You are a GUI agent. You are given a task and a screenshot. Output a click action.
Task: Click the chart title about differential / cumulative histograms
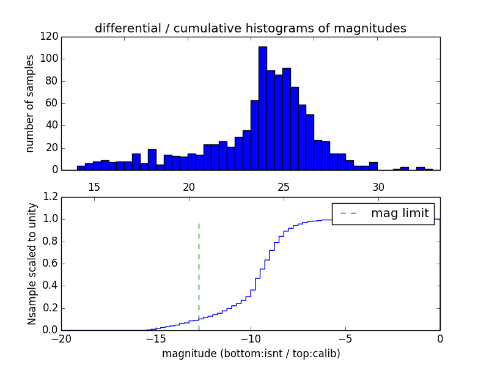pos(250,29)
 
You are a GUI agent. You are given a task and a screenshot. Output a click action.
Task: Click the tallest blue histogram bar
pos(262,108)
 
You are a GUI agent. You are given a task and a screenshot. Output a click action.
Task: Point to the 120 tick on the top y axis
pos(50,37)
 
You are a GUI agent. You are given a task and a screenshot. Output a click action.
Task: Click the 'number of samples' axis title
pos(30,103)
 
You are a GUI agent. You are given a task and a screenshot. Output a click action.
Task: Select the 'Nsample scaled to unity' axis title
pos(32,264)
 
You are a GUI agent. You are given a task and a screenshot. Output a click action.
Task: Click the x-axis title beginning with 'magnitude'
pos(251,354)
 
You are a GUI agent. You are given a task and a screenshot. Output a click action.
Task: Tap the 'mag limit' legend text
pos(400,213)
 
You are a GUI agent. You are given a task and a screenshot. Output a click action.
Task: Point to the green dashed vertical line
pos(199,275)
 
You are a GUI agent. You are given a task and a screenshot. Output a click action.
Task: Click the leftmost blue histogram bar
pos(81,168)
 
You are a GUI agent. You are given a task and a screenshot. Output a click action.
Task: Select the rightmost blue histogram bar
pos(428,169)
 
